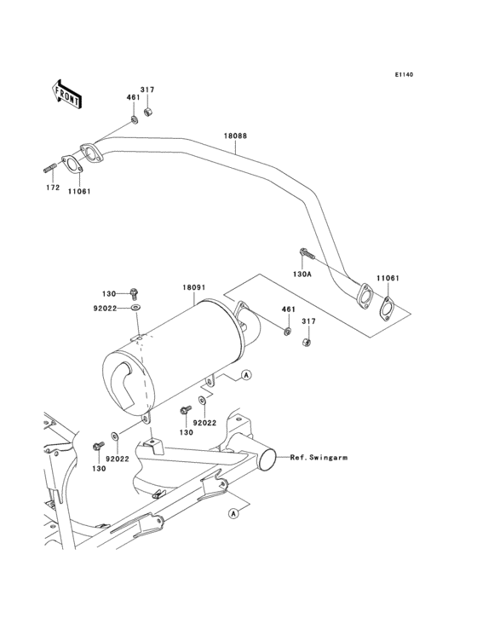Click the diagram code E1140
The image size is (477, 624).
click(404, 75)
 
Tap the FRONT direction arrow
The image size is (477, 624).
click(67, 92)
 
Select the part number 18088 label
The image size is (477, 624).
click(236, 136)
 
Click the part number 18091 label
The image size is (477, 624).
click(193, 289)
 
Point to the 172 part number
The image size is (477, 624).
click(51, 186)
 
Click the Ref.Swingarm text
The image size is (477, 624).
click(318, 458)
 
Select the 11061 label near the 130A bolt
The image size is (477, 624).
click(388, 279)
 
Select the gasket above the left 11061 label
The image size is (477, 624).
click(75, 165)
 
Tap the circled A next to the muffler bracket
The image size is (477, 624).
click(245, 375)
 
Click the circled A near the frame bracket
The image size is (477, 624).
click(232, 513)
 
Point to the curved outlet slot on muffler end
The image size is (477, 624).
click(128, 384)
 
